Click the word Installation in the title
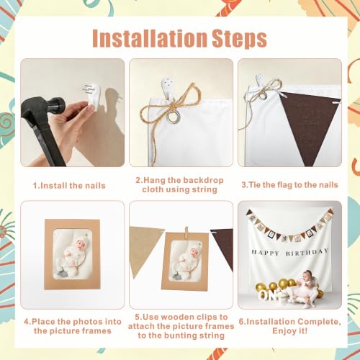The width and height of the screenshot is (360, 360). click(x=150, y=38)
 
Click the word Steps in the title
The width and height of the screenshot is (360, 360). click(x=239, y=40)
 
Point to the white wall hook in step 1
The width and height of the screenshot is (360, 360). click(x=94, y=96)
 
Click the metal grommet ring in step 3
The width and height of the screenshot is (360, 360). click(x=264, y=96)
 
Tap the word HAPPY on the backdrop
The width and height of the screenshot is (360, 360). click(x=266, y=253)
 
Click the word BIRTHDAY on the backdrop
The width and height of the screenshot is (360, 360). click(x=307, y=252)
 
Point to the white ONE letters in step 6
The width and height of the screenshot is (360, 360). click(x=269, y=294)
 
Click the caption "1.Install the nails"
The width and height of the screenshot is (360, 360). click(x=69, y=186)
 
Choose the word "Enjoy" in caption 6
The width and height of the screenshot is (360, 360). click(x=283, y=331)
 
